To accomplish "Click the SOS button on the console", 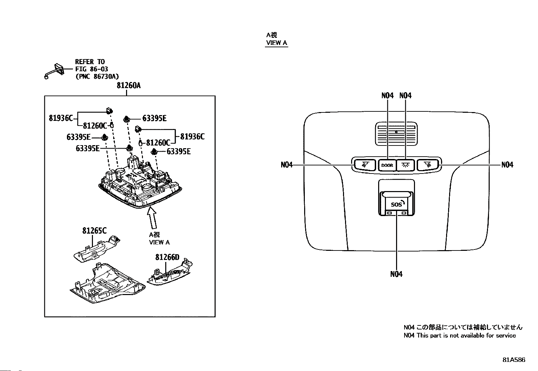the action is (396, 204).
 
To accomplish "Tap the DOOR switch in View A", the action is (387, 165).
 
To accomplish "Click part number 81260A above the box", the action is (128, 85).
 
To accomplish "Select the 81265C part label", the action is (94, 231).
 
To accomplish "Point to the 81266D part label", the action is (167, 257).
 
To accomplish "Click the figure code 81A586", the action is (514, 360).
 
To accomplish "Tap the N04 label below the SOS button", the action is (396, 274).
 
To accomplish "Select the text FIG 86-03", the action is (92, 69).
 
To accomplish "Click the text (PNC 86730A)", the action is (97, 77).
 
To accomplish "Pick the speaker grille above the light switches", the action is (396, 134).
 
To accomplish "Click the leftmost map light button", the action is (365, 165).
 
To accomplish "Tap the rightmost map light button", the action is (428, 165).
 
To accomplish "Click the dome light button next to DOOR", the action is (405, 165).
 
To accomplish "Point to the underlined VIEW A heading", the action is (277, 43).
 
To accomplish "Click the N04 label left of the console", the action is (287, 165).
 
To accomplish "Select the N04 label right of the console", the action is (507, 165).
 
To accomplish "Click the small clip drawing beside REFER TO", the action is (54, 71).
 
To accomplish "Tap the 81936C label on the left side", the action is (61, 118).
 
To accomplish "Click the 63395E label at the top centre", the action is (154, 118).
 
